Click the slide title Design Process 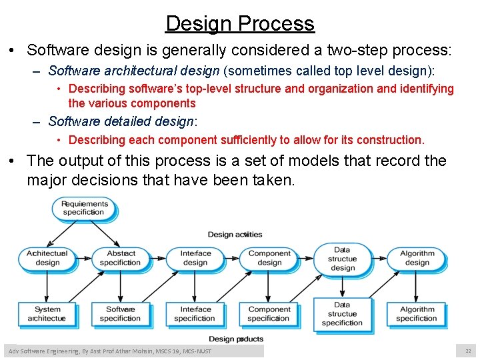pyautogui.click(x=240, y=23)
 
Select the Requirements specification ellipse pyautogui.click(x=84, y=208)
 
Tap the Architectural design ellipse pyautogui.click(x=47, y=258)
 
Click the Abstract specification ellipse pyautogui.click(x=121, y=258)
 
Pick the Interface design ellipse pyautogui.click(x=195, y=258)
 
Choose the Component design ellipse pyautogui.click(x=269, y=258)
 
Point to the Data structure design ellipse pyautogui.click(x=343, y=259)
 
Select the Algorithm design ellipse pyautogui.click(x=417, y=258)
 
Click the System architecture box pyautogui.click(x=47, y=314)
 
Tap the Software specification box pyautogui.click(x=121, y=314)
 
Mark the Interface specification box pyautogui.click(x=195, y=314)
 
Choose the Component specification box pyautogui.click(x=269, y=314)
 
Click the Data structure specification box pyautogui.click(x=343, y=314)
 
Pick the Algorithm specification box pyautogui.click(x=417, y=314)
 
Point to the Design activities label pyautogui.click(x=235, y=234)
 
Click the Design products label pyautogui.click(x=236, y=339)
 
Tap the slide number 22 pyautogui.click(x=468, y=351)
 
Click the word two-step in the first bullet pyautogui.click(x=357, y=51)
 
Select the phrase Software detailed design pyautogui.click(x=121, y=121)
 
